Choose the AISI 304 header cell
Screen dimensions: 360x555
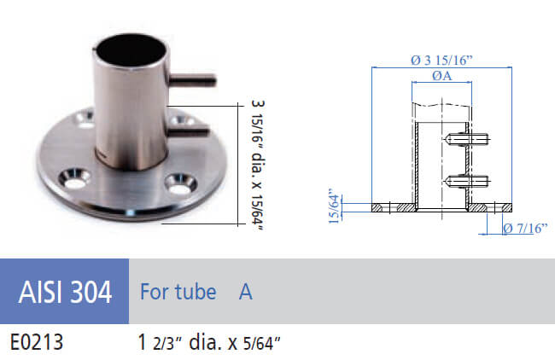click(x=64, y=292)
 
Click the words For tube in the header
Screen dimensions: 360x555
click(x=176, y=292)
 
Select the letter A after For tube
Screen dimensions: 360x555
click(x=245, y=292)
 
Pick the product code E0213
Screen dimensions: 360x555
click(x=37, y=343)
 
